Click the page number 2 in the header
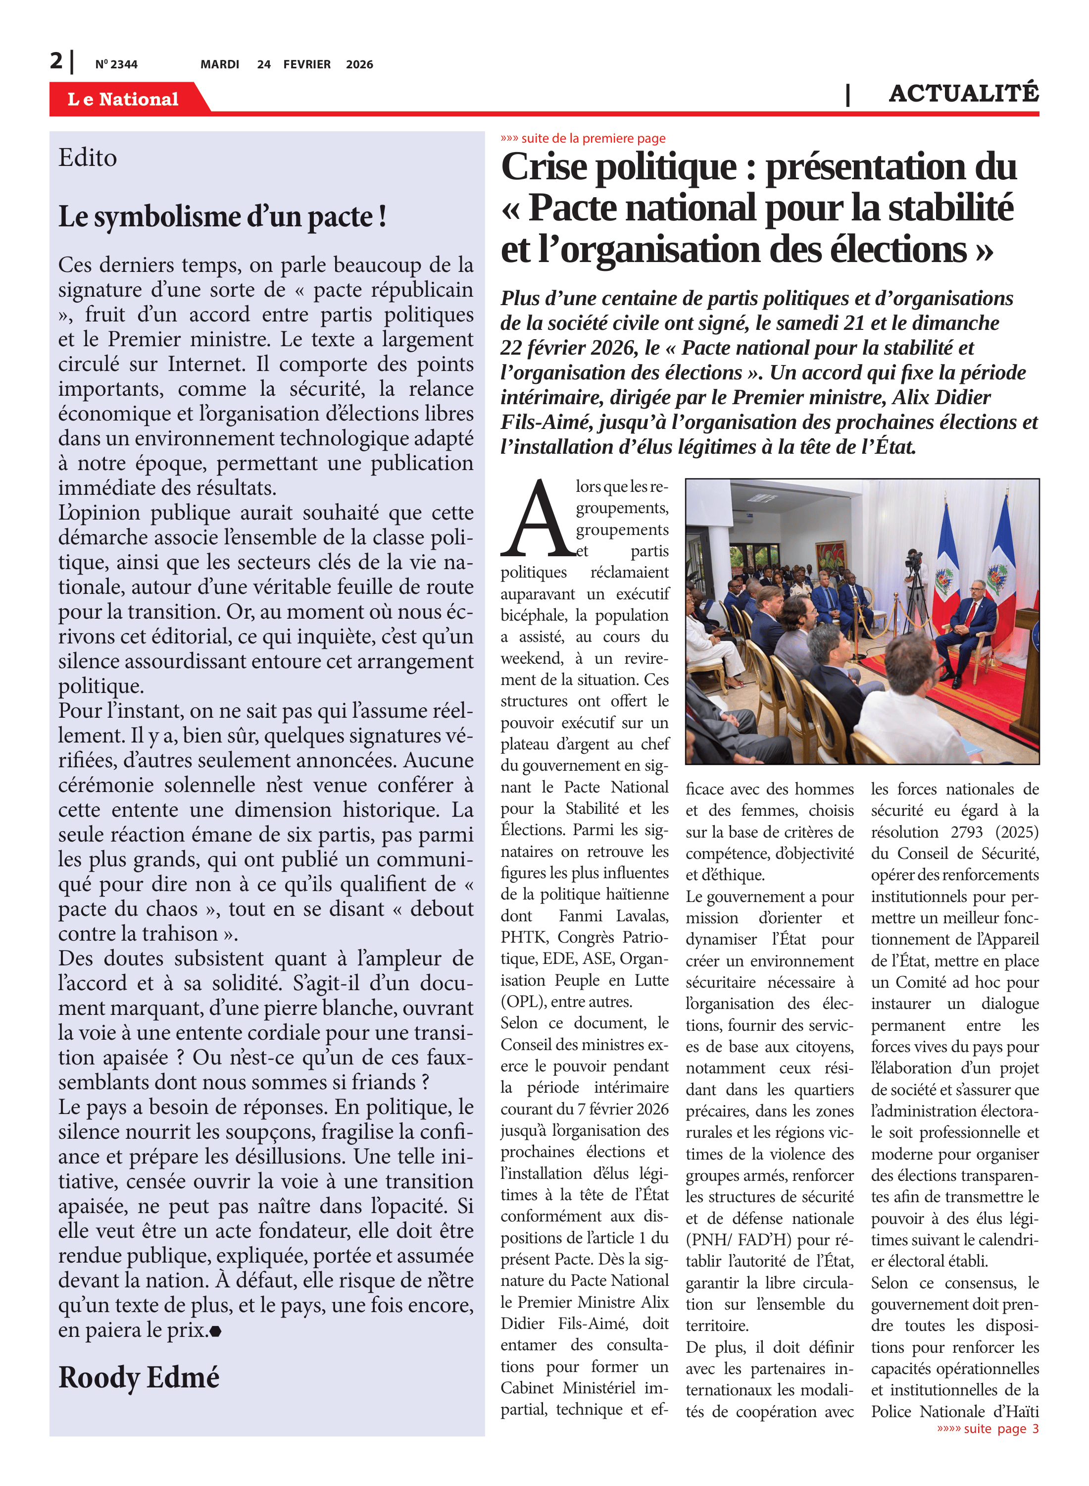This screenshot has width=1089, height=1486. click(57, 61)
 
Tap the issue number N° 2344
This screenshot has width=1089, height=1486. click(117, 64)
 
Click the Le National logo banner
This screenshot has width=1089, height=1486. click(123, 99)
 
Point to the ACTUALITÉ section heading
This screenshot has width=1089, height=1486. click(963, 94)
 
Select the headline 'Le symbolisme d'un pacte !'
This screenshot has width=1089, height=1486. click(222, 216)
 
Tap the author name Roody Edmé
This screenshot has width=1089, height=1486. click(139, 1377)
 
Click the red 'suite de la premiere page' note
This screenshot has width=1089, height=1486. click(584, 139)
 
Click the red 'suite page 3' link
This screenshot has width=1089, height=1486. click(988, 1429)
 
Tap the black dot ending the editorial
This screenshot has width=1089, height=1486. click(215, 1331)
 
